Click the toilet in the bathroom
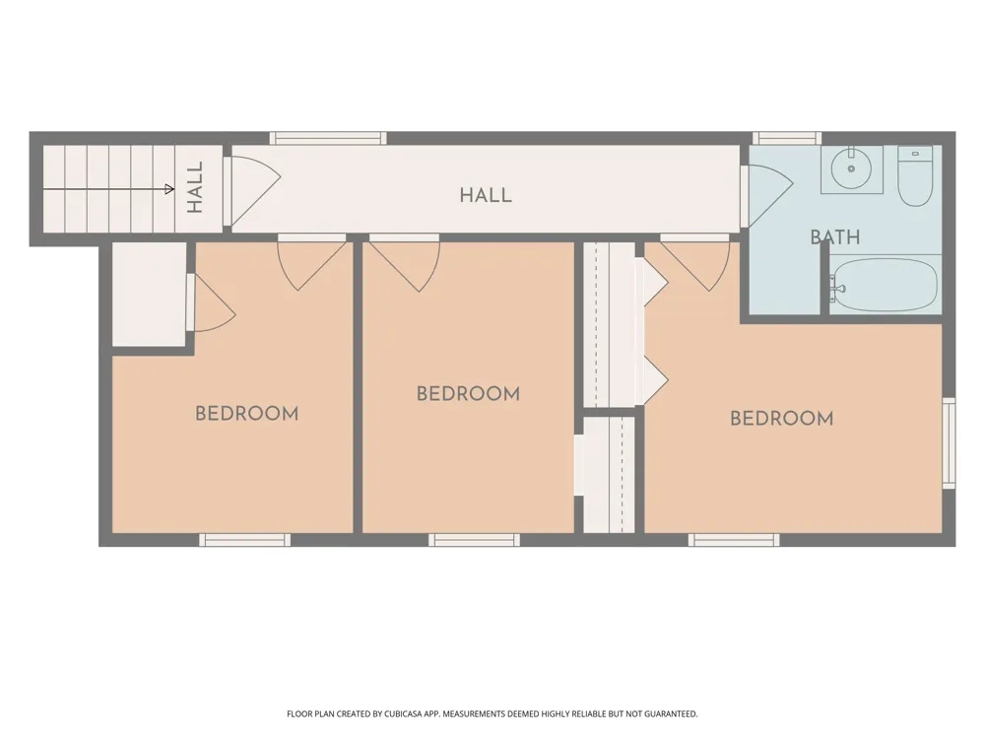tap(915, 176)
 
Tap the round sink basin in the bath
tap(851, 168)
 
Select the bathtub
tap(886, 284)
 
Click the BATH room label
tap(835, 236)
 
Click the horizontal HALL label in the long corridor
tap(486, 195)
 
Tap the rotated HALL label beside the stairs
tap(195, 187)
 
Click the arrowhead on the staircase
tap(169, 188)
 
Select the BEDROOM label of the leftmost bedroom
tap(247, 414)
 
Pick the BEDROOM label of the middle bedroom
tap(469, 394)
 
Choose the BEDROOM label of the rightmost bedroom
tap(781, 419)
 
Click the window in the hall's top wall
tap(329, 138)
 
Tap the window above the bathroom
tap(787, 138)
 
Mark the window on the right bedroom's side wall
tap(949, 443)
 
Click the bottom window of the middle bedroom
tap(475, 540)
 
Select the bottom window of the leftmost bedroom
tap(245, 540)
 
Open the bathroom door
tap(766, 195)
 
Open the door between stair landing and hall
tap(251, 191)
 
